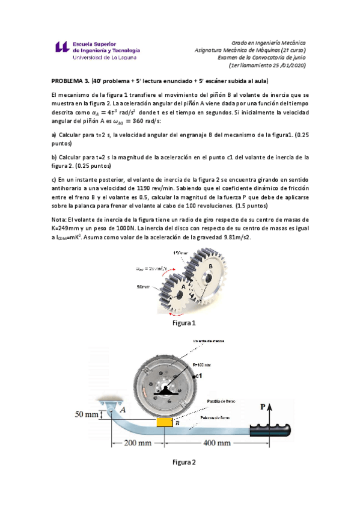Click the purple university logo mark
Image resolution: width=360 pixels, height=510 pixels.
pyautogui.click(x=61, y=49)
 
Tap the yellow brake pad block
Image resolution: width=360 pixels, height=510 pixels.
pyautogui.click(x=164, y=423)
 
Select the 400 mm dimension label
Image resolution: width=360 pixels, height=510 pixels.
pyautogui.click(x=216, y=444)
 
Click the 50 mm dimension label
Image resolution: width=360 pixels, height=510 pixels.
pyautogui.click(x=87, y=414)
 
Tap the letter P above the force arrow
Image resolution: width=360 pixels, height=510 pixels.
pyautogui.click(x=263, y=407)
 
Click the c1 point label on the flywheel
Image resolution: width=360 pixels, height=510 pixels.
pyautogui.click(x=198, y=375)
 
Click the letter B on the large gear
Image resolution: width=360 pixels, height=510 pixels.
pyautogui.click(x=210, y=266)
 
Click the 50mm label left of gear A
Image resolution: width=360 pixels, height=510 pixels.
pyautogui.click(x=144, y=287)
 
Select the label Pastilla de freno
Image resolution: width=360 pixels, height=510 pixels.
pyautogui.click(x=221, y=400)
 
